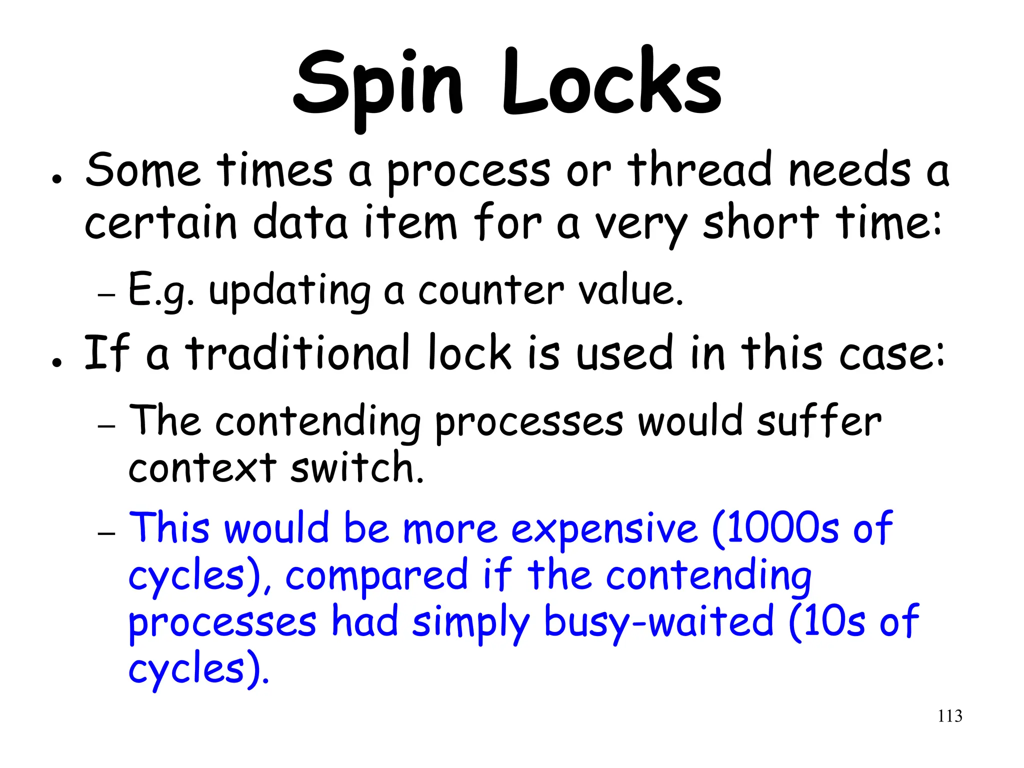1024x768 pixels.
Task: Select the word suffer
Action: pos(818,421)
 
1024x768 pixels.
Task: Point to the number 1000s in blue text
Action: pos(775,528)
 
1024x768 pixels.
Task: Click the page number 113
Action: pos(949,716)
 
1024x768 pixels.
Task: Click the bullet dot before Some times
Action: pos(57,179)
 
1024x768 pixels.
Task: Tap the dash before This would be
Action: pos(106,533)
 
